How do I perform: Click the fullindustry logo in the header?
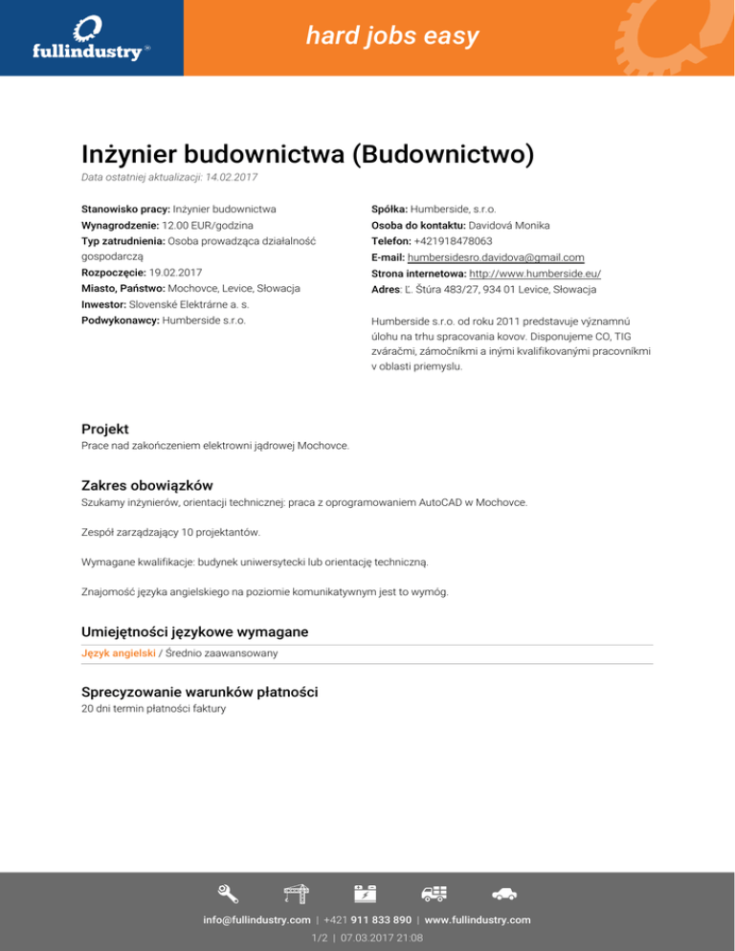[91, 37]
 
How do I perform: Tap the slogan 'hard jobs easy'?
[392, 37]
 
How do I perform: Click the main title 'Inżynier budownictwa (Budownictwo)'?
[306, 154]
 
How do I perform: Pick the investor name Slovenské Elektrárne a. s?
[195, 303]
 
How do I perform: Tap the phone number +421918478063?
[453, 241]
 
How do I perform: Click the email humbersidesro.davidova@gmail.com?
[495, 257]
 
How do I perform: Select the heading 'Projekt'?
[105, 429]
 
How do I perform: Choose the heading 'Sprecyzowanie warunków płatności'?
[199, 691]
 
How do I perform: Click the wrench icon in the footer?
[228, 894]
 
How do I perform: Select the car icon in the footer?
[504, 894]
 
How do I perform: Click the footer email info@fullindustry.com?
[256, 919]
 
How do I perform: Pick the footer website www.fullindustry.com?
[478, 919]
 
